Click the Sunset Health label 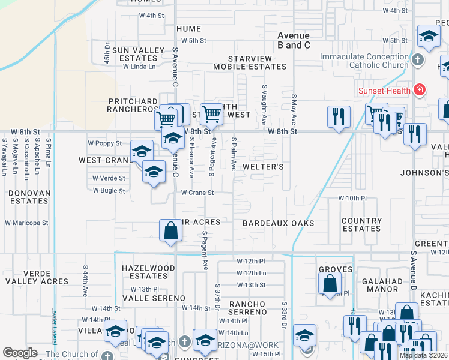(x=384, y=91)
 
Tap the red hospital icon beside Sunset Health (x=418, y=91)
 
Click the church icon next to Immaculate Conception (x=418, y=60)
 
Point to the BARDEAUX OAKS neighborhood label (x=278, y=223)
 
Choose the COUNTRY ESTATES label (x=361, y=224)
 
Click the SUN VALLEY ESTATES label (x=130, y=55)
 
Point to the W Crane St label (x=197, y=193)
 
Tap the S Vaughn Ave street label (x=264, y=104)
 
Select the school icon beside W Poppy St (x=142, y=151)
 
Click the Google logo (x=20, y=353)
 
